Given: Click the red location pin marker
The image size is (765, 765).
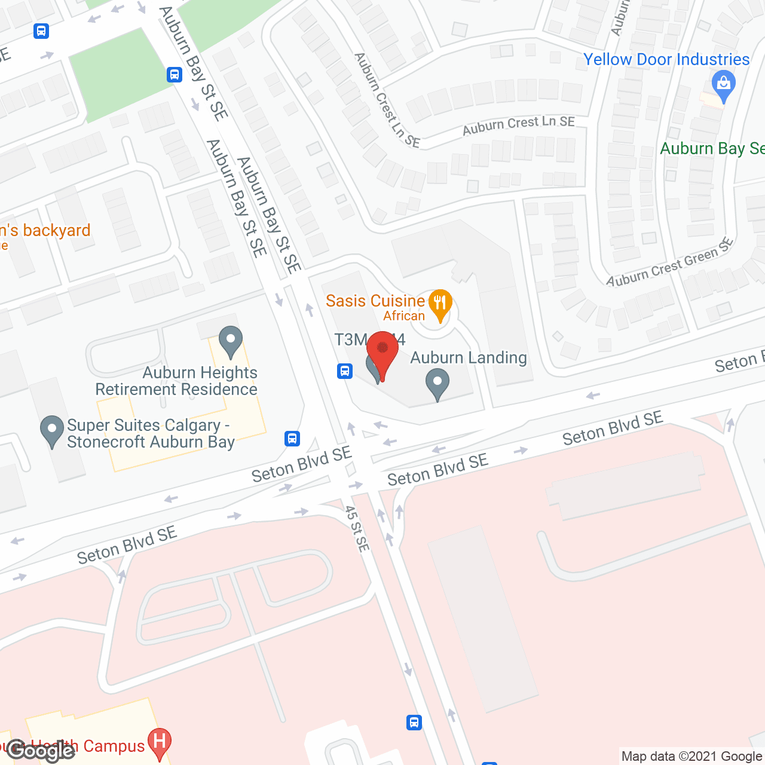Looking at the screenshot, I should pyautogui.click(x=382, y=353).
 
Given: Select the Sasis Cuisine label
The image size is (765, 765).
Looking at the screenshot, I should pyautogui.click(x=375, y=301).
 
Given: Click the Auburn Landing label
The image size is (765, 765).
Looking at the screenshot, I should pyautogui.click(x=469, y=358).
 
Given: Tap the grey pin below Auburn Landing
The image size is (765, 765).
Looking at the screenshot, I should pyautogui.click(x=437, y=384).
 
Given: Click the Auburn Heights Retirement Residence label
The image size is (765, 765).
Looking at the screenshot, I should pyautogui.click(x=177, y=381).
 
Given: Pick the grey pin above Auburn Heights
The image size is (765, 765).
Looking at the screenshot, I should pyautogui.click(x=231, y=341).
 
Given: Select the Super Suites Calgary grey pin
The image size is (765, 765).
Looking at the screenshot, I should pyautogui.click(x=52, y=430).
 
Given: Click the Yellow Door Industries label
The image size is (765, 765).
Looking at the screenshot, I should pyautogui.click(x=666, y=60).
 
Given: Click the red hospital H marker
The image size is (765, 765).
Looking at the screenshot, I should pyautogui.click(x=160, y=743).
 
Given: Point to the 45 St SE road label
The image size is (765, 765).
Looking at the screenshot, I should pyautogui.click(x=357, y=529).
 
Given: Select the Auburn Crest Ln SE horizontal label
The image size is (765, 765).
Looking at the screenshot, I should pyautogui.click(x=519, y=125).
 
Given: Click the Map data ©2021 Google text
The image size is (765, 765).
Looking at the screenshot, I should pyautogui.click(x=692, y=757).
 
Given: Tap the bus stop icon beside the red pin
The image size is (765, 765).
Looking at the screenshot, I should pyautogui.click(x=345, y=371).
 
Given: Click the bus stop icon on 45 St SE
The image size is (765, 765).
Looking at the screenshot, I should pyautogui.click(x=414, y=722).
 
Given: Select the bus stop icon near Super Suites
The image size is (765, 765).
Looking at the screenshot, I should pyautogui.click(x=292, y=439).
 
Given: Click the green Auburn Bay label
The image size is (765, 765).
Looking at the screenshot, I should pyautogui.click(x=712, y=149).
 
